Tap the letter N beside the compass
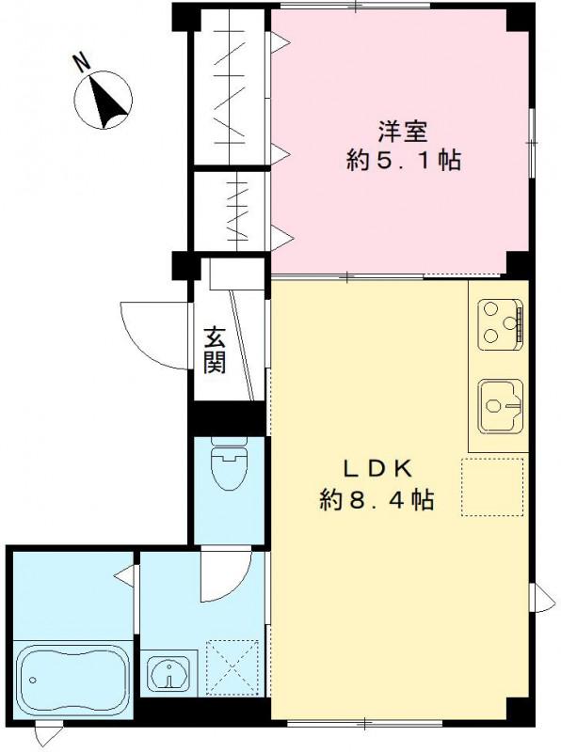coord(82,63)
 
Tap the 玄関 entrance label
coord(216,350)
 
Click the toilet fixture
coord(229,465)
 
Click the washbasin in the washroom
coord(169,675)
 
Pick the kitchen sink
coord(499,404)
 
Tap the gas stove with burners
coord(499,322)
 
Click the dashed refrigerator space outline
coord(492,486)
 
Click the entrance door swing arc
coord(151,334)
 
